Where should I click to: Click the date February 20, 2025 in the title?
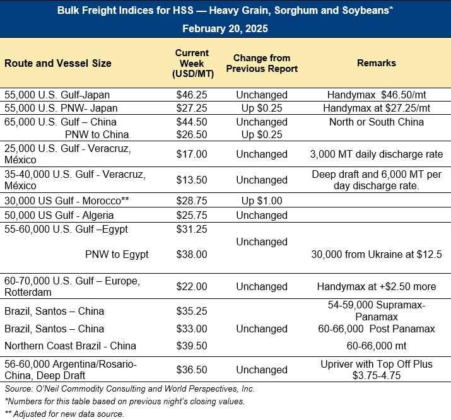(225, 29)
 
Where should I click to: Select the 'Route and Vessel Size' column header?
(58, 63)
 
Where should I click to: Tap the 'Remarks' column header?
(377, 63)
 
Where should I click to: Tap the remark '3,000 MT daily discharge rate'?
(377, 154)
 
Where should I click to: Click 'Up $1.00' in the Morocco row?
(262, 200)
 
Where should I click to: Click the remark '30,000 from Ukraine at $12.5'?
(377, 254)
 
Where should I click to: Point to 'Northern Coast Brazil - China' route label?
(70, 346)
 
